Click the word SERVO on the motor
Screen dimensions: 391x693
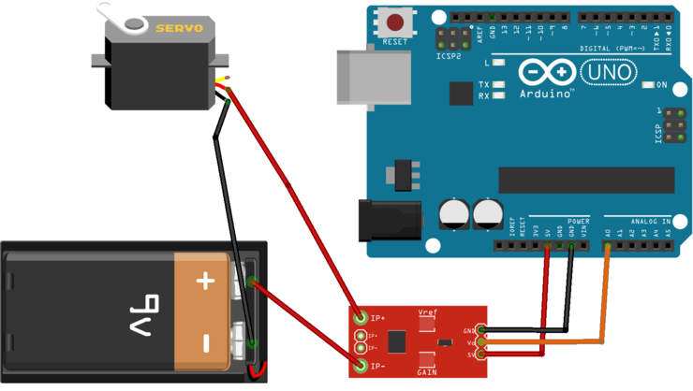179,29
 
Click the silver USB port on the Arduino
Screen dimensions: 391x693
372,75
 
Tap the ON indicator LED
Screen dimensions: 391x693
645,85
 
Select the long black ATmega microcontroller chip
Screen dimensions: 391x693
586,180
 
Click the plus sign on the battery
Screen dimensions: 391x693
205,281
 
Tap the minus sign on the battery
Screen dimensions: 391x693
205,342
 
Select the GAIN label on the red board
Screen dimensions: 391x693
428,371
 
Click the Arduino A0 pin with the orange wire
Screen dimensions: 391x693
608,246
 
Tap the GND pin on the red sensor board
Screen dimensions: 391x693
481,330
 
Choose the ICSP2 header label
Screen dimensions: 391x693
449,55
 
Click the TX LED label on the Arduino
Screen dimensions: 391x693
484,84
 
